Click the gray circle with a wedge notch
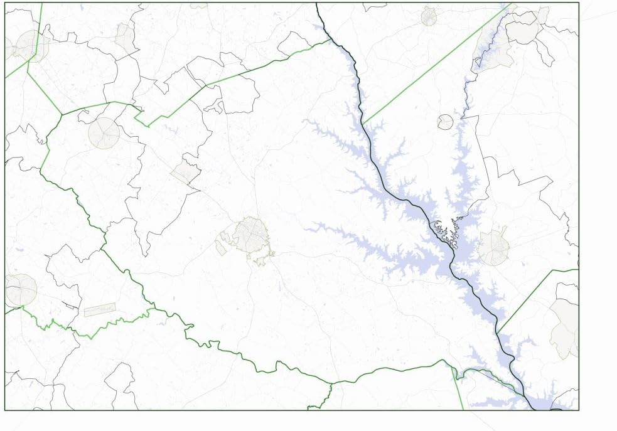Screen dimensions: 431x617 point(444,122)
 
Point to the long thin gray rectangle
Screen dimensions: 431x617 point(100,309)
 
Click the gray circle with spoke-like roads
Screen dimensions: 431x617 point(104,133)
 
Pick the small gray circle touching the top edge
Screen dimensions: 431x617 point(429,16)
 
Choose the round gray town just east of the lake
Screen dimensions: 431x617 point(493,247)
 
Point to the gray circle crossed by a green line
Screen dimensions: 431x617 point(30,46)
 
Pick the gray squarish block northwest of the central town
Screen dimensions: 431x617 point(185,171)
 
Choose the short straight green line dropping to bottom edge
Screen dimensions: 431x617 point(459,389)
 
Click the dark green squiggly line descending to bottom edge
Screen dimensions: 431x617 point(323,395)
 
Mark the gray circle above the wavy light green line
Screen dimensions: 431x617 point(21,290)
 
